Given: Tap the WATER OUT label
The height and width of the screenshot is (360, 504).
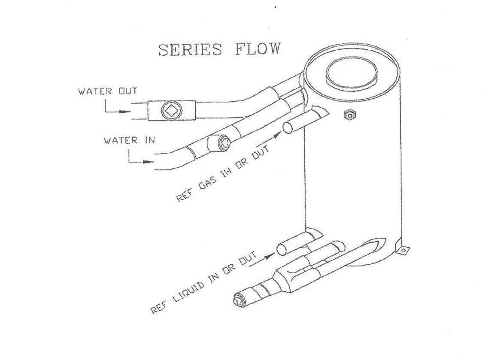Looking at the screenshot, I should [107, 91].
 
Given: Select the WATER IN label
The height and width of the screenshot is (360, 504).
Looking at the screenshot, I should [129, 140].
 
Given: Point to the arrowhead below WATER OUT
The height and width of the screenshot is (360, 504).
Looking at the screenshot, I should [124, 112].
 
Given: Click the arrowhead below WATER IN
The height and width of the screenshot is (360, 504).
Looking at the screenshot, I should [149, 163].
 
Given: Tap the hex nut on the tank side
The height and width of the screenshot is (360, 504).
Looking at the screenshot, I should [350, 115].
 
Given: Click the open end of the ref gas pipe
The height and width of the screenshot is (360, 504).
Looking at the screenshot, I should [288, 128].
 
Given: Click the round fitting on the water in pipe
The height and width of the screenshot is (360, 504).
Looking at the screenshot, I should [222, 142].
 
